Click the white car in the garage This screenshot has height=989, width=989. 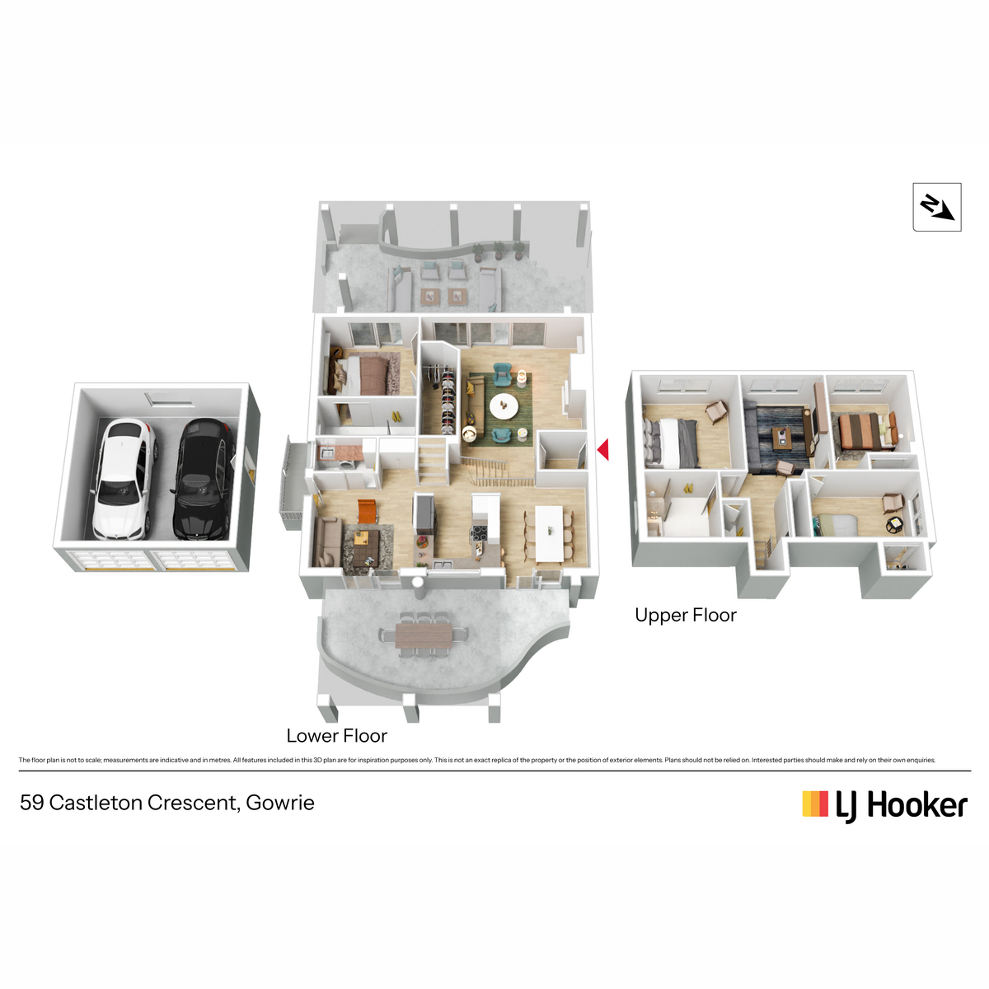click(124, 479)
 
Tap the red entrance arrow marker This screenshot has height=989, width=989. click(602, 449)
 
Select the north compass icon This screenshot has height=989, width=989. click(936, 207)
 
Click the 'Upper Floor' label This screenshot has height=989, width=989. click(685, 615)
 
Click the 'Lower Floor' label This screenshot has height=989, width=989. click(337, 735)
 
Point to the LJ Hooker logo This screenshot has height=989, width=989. click(884, 805)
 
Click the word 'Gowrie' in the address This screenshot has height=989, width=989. click(279, 803)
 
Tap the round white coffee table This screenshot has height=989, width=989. click(504, 406)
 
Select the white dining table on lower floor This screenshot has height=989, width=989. click(549, 534)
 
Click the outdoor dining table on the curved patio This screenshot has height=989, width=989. click(424, 635)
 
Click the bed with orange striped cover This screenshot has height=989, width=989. click(860, 430)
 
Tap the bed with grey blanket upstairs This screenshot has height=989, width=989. click(672, 442)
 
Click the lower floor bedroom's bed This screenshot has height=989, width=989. click(361, 376)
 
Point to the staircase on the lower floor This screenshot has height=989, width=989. click(432, 461)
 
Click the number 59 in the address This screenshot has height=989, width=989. click(32, 803)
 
